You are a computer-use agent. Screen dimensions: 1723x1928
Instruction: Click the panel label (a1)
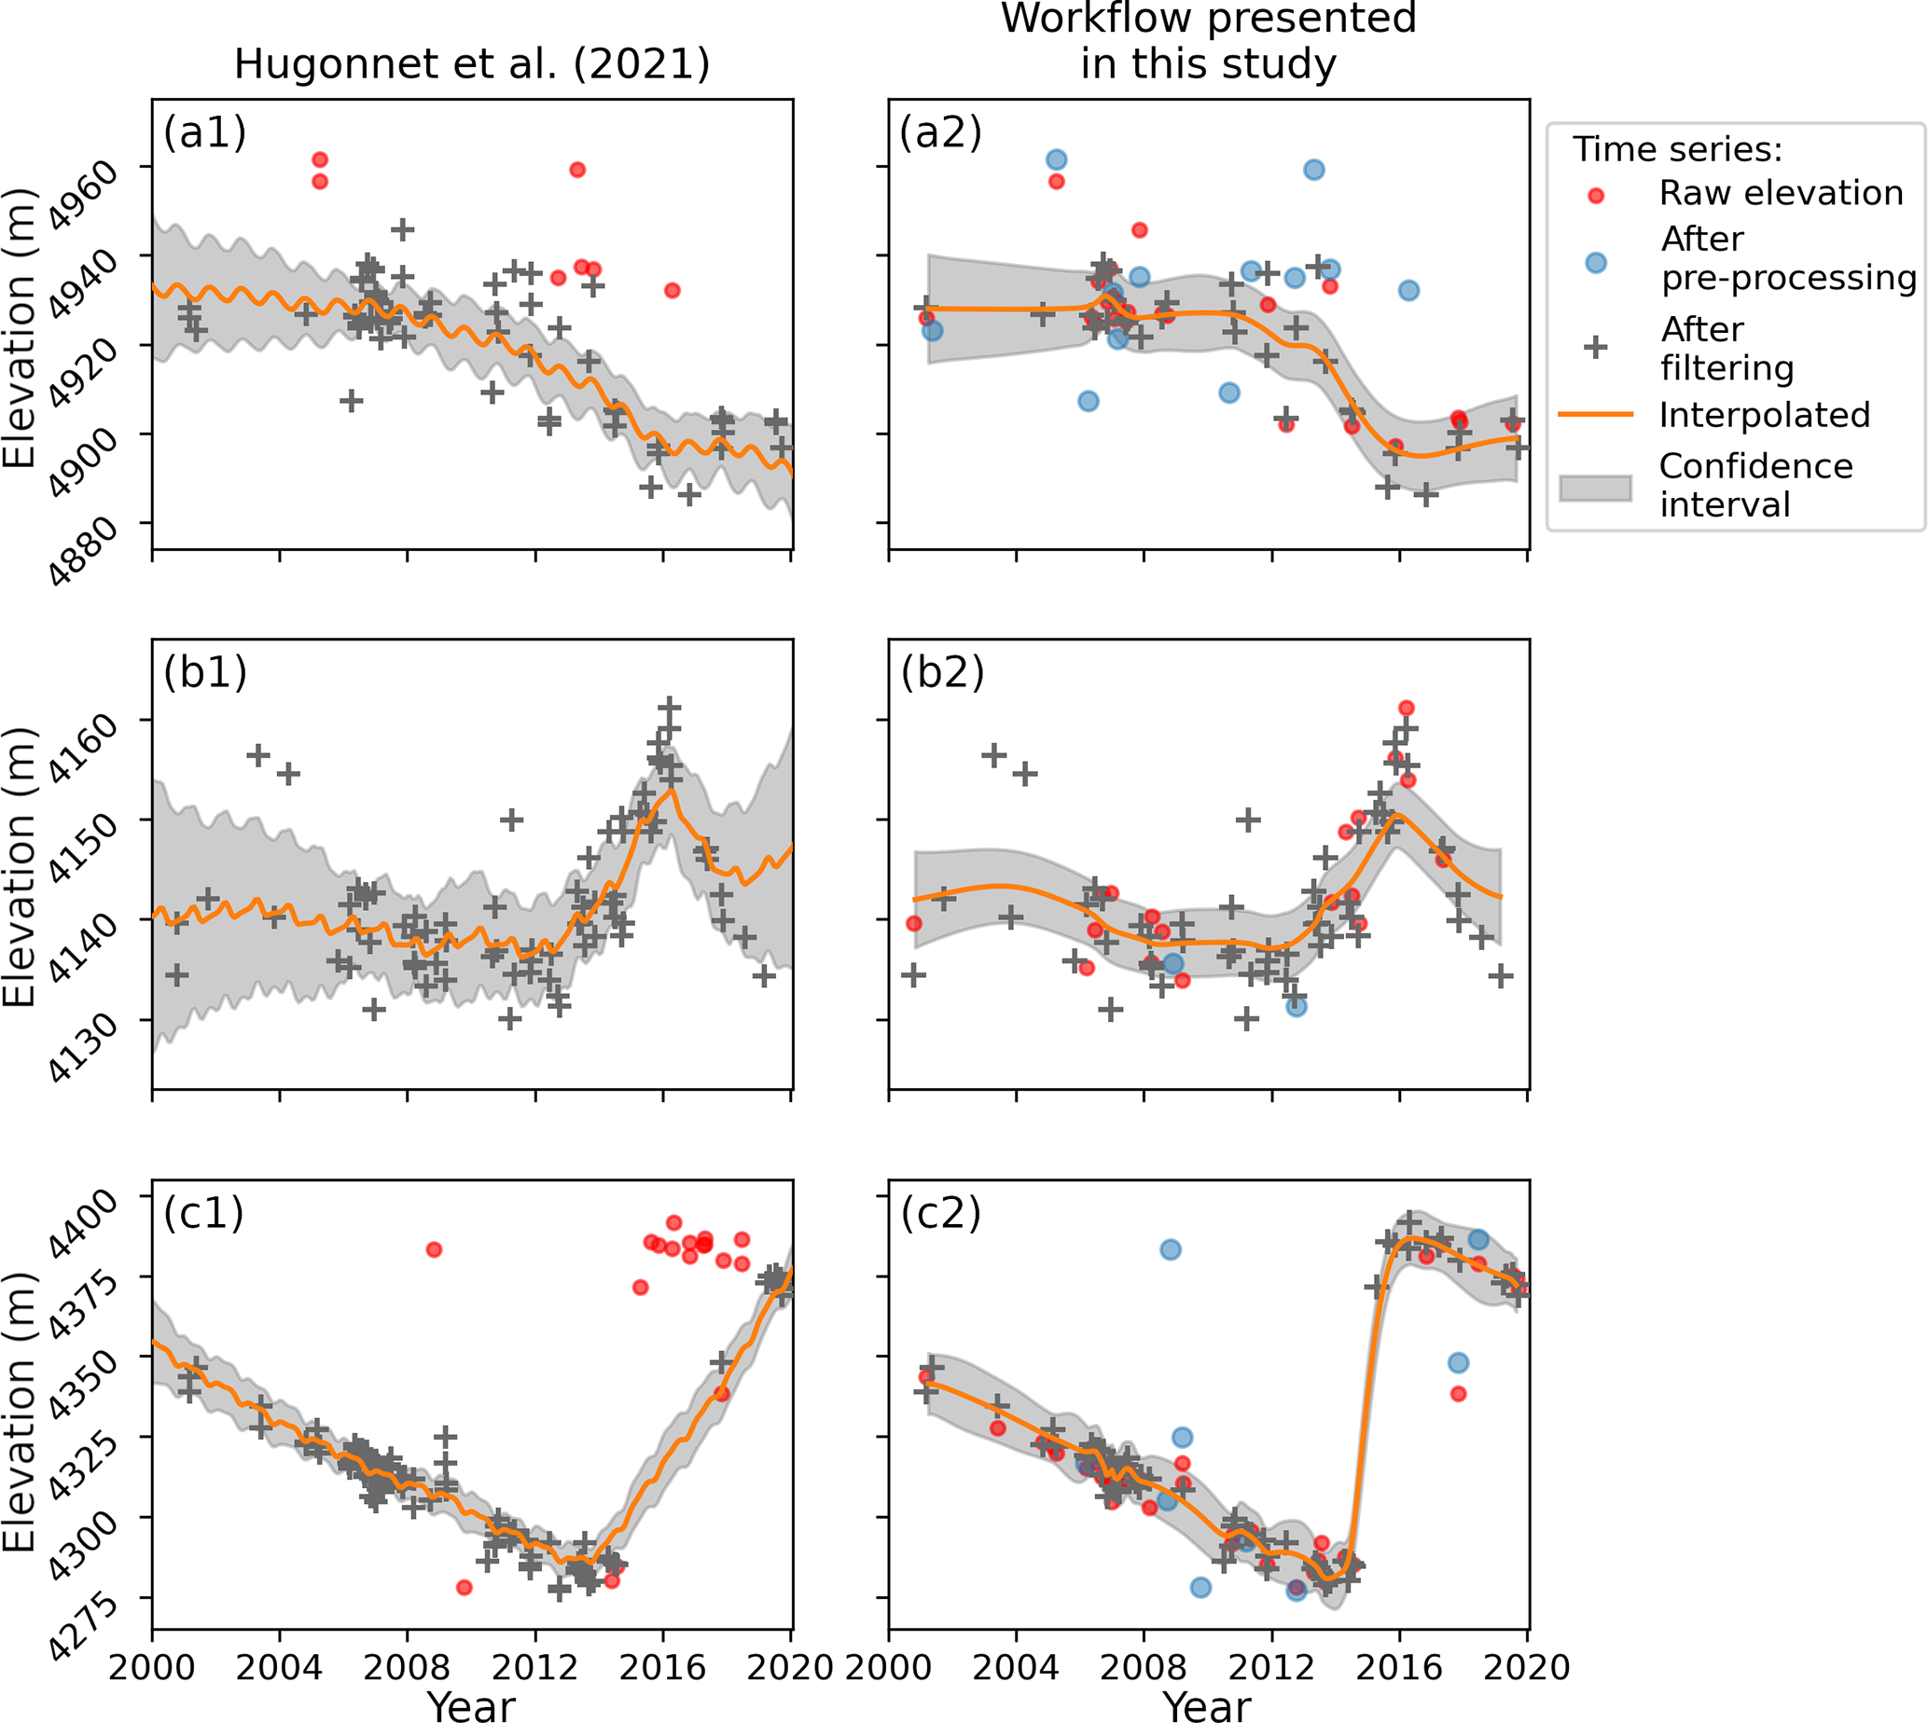click(204, 132)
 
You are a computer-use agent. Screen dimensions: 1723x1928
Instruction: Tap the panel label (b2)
click(942, 672)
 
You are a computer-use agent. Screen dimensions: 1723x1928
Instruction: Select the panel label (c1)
click(203, 1213)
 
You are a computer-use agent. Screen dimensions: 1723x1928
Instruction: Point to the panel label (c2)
click(941, 1213)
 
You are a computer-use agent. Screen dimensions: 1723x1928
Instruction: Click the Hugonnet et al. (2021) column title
click(472, 64)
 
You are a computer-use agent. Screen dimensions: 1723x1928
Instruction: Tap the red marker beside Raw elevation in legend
click(1596, 196)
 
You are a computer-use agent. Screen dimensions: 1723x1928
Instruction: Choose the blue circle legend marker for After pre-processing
click(1596, 262)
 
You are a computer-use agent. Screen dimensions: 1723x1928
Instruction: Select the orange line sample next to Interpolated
click(1596, 415)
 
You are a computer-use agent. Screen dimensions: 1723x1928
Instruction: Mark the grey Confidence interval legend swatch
click(1596, 488)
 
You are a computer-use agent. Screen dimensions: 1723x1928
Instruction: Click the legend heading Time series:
click(1677, 149)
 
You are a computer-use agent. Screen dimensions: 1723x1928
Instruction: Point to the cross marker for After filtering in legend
click(1596, 348)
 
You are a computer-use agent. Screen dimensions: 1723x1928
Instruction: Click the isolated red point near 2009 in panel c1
click(434, 1249)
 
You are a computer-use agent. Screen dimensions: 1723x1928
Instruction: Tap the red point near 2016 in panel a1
click(672, 291)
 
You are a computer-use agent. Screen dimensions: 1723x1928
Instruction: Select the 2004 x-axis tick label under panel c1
click(279, 1667)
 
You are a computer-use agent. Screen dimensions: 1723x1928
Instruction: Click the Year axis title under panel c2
click(1207, 1706)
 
